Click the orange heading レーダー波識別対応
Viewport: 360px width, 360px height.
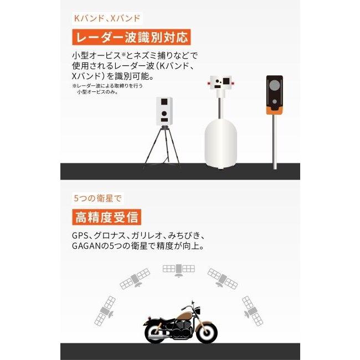tap(131, 37)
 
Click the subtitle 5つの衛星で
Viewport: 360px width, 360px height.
tap(97, 198)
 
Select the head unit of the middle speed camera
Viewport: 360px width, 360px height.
tap(221, 84)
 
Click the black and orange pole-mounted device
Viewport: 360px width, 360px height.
tap(274, 94)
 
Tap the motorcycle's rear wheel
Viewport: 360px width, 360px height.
tap(156, 333)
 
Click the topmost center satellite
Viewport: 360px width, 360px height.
tap(178, 270)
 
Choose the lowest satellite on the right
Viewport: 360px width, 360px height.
tap(253, 310)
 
